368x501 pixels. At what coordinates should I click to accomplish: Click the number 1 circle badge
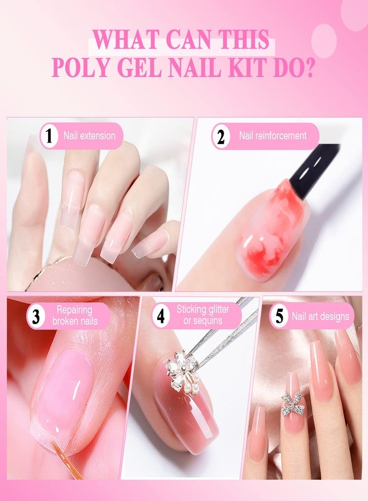coord(50,136)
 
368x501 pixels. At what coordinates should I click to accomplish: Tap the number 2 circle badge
coord(221,136)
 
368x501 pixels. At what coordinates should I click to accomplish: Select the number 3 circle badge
coord(36,317)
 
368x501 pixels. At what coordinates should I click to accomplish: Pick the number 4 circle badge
coord(161,317)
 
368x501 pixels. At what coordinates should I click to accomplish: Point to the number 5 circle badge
coord(278,317)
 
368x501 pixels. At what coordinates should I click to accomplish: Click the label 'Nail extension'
coord(89,135)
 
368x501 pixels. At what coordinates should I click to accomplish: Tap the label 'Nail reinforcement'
coord(273,135)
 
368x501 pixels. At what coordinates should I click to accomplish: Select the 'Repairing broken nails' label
coord(75,316)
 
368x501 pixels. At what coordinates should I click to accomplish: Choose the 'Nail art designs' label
coord(320,317)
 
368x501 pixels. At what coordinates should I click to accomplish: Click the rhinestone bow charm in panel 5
coord(293,404)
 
